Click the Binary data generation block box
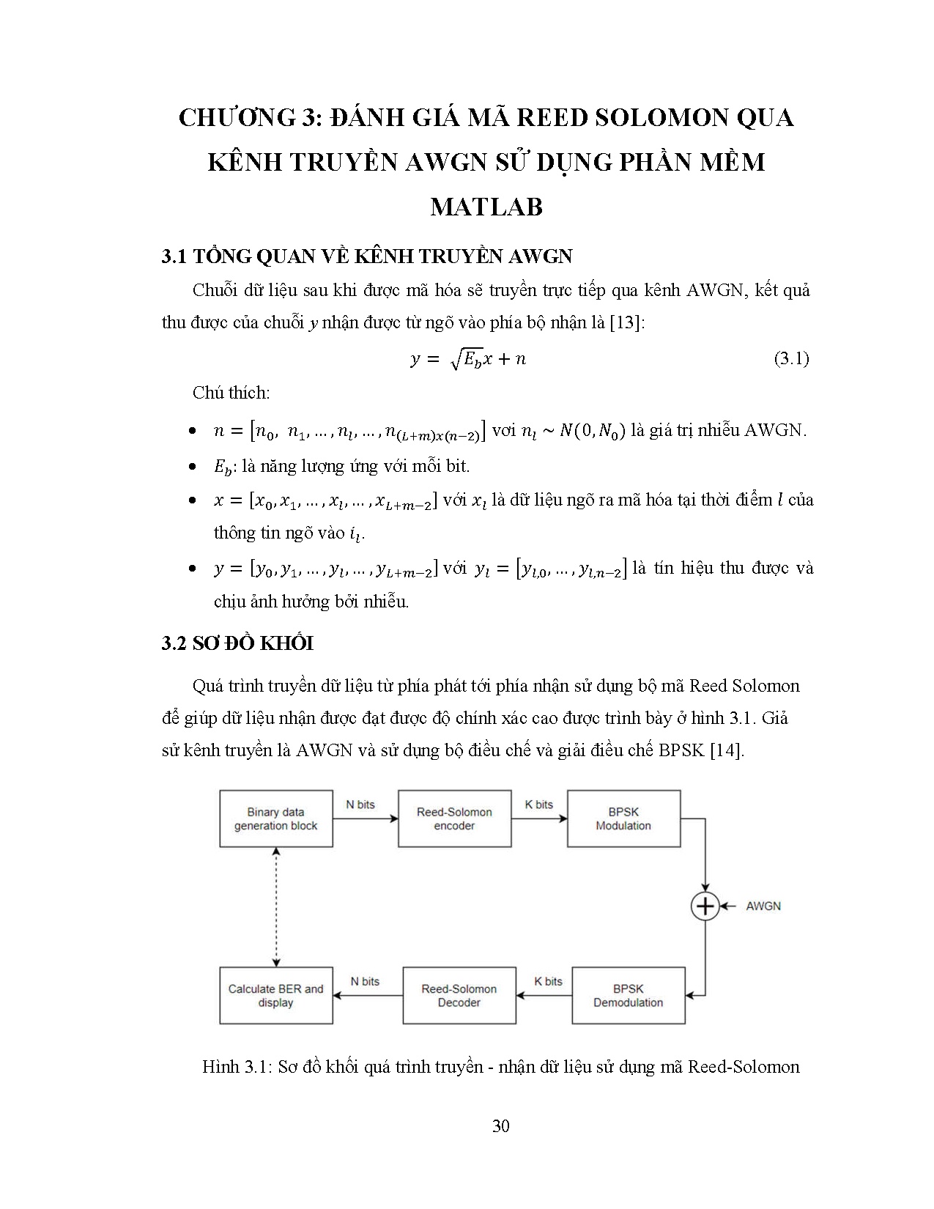coord(276,818)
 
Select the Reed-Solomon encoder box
coord(454,818)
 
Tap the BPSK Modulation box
coord(623,818)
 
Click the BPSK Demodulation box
coord(628,995)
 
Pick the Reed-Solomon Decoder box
coord(459,995)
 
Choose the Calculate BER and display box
coord(276,995)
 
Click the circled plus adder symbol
coord(705,906)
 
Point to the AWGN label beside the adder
coord(763,906)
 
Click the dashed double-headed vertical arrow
coord(276,906)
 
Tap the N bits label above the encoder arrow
coord(360,805)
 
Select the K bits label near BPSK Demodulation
coord(548,981)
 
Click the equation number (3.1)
coord(791,358)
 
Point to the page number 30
coord(501,1126)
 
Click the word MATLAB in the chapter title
coord(486,207)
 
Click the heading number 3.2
coord(174,643)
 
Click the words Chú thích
coord(231,393)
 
